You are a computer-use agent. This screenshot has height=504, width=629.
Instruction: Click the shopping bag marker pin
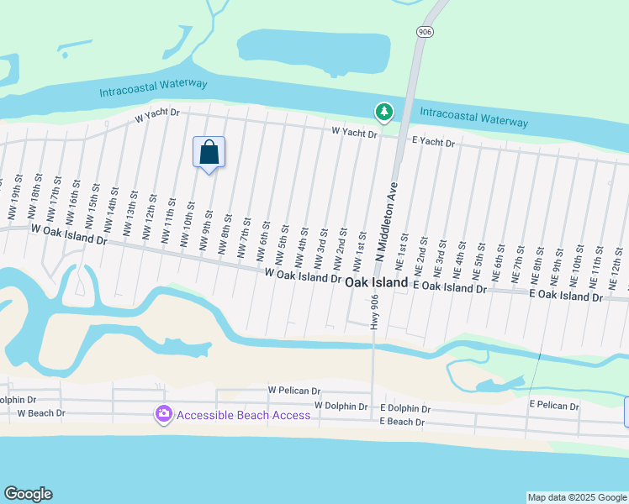pos(209,153)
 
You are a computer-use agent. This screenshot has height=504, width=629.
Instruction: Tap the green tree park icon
pos(383,111)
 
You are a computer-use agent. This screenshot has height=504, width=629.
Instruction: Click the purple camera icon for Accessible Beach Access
pos(163,414)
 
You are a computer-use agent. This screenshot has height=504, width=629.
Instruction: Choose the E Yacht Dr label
pos(433,144)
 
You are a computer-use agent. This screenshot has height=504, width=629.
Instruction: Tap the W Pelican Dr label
pos(294,391)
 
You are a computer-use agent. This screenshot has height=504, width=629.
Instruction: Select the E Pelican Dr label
pos(554,406)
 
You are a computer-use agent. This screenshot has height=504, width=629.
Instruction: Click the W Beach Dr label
pos(41,413)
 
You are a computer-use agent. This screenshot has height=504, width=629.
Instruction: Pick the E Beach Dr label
pos(402,422)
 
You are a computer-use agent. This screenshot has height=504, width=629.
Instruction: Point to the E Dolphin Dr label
pos(405,408)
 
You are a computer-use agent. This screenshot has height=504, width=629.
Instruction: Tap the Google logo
pos(28,494)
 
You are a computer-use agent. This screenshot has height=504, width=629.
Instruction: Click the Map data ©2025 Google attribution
pos(577,497)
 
